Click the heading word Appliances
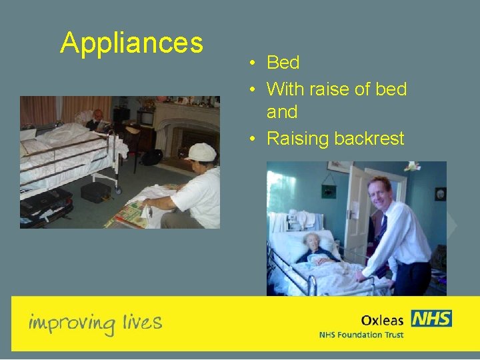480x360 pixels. tap(131, 43)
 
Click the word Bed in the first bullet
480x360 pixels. tap(283, 63)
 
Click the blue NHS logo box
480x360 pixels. tap(431, 319)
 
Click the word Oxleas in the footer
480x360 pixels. tap(382, 320)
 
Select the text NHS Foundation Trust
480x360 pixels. tap(361, 335)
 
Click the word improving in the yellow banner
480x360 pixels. tap(72, 323)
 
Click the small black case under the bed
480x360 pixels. tap(95, 192)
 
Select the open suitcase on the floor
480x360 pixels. tap(45, 206)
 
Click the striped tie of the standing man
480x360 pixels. tap(381, 229)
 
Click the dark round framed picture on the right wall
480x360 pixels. tap(440, 194)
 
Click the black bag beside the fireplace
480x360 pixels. tap(151, 157)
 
